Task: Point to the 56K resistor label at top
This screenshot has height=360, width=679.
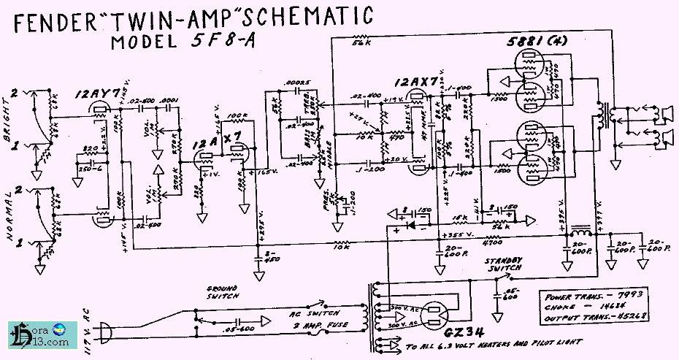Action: [359, 44]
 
